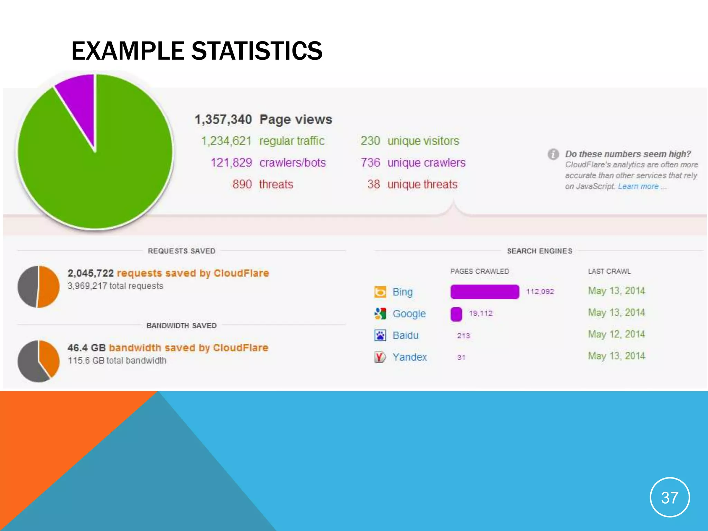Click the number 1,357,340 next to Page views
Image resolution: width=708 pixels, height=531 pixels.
[223, 120]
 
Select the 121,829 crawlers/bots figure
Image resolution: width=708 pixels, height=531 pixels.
[231, 163]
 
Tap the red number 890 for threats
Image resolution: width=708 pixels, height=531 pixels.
[242, 184]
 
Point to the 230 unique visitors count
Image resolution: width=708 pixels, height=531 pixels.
[370, 141]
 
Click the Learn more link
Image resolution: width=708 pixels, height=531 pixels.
[638, 187]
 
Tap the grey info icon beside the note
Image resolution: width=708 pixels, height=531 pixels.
[553, 154]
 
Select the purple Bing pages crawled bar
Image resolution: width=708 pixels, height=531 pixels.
[484, 292]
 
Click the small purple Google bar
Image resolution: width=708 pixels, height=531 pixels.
[456, 314]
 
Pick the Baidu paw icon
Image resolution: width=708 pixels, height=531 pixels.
[380, 335]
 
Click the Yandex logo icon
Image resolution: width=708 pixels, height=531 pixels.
[380, 357]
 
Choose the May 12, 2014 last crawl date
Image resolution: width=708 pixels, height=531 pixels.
[616, 334]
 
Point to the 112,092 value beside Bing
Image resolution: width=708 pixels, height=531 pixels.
[540, 292]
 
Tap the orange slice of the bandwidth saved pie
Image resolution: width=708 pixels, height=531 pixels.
[49, 358]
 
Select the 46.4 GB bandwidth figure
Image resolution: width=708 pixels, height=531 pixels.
[86, 348]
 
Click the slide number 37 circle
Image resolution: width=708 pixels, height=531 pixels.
[670, 497]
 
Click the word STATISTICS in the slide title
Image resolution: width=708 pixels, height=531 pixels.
[257, 51]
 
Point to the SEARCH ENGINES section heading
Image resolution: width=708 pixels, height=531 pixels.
[539, 251]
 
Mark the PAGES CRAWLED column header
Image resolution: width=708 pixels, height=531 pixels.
[479, 271]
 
